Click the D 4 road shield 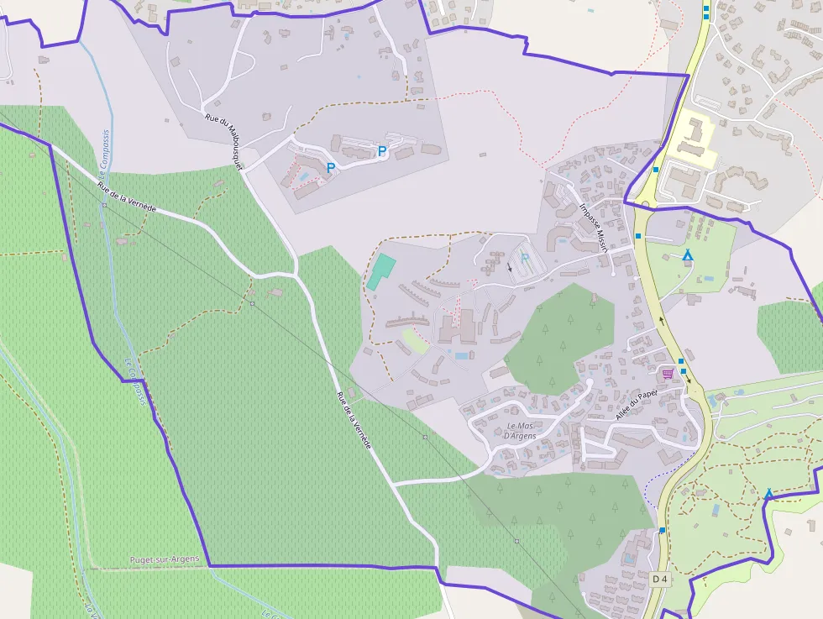660,579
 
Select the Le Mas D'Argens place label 520,430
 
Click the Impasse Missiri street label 593,227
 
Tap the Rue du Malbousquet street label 223,142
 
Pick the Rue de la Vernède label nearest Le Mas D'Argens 354,420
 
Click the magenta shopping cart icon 668,374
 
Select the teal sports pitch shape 381,271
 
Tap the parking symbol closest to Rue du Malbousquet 331,168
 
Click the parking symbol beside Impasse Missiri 526,259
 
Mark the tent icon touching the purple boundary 768,494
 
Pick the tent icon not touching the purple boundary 688,254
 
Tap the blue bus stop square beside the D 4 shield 663,530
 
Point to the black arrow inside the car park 509,268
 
